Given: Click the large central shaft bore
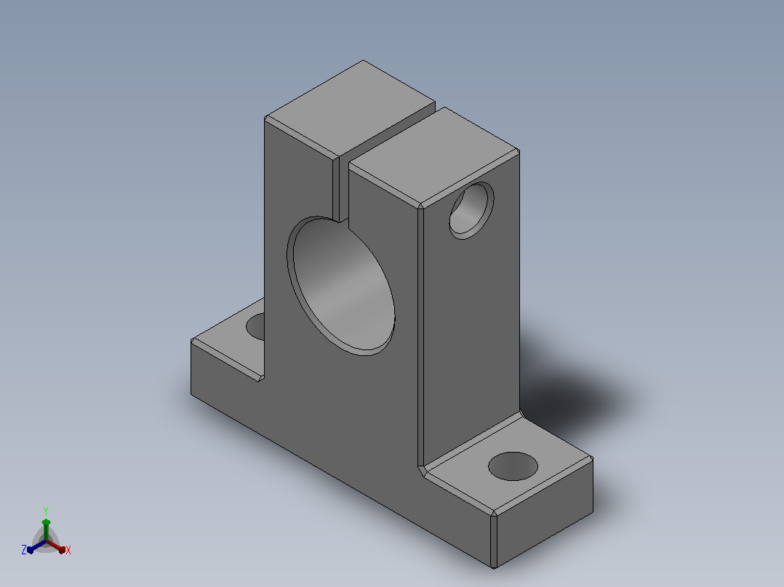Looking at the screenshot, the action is point(340,286).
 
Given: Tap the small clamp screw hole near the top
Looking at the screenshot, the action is point(471,211).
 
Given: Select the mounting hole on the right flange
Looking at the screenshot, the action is point(513,466).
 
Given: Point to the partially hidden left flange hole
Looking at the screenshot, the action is point(256,326).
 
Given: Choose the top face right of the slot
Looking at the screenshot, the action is point(434,156).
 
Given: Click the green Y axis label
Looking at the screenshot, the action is point(46,511).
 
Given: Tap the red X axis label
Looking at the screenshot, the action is point(68,550).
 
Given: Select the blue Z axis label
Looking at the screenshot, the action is point(24,550).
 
